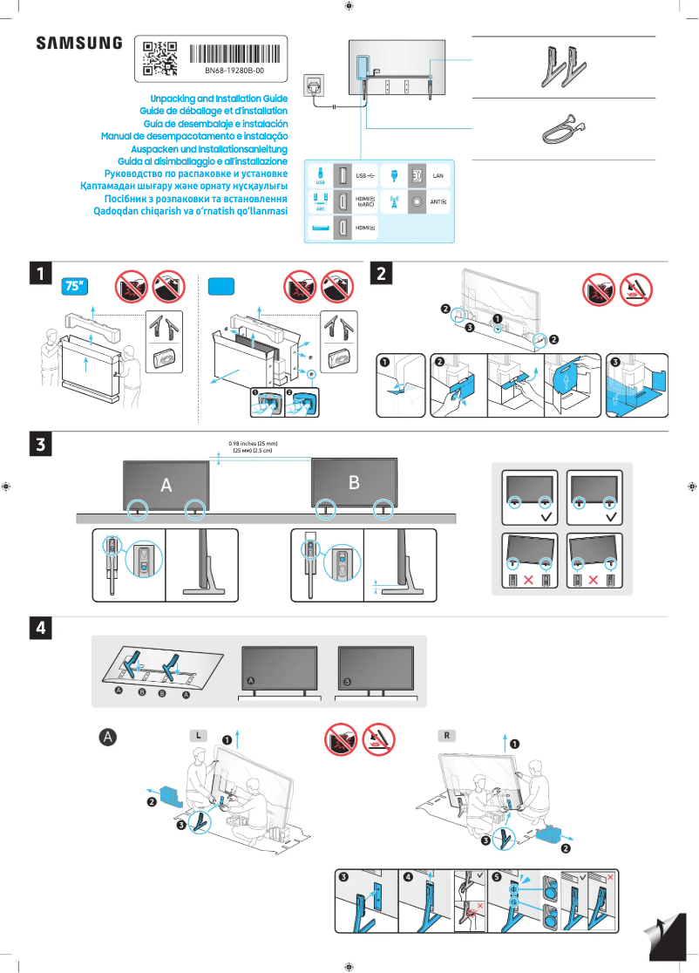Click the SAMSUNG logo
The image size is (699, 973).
(x=78, y=43)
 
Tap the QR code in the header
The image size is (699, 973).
(x=159, y=58)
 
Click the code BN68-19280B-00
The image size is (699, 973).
(x=234, y=70)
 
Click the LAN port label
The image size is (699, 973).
(x=439, y=177)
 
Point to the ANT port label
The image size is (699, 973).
(x=439, y=201)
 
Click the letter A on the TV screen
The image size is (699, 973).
(x=165, y=486)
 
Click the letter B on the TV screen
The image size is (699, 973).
(x=353, y=482)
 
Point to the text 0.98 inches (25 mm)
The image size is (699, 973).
(x=253, y=444)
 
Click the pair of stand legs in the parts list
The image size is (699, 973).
(x=561, y=67)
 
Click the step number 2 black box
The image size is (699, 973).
(x=382, y=273)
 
